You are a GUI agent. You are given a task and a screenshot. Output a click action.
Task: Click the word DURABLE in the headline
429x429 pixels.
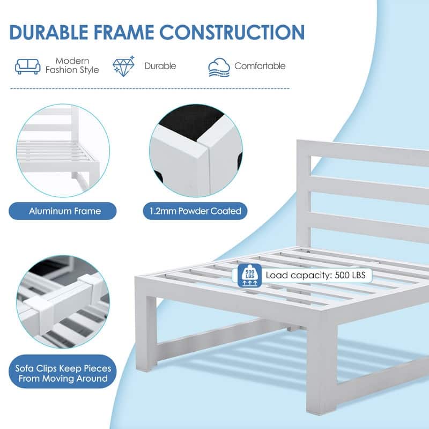(49, 32)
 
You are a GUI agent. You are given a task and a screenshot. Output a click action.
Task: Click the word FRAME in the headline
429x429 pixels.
(123, 32)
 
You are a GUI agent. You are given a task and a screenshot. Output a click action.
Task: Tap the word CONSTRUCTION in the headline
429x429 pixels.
(232, 32)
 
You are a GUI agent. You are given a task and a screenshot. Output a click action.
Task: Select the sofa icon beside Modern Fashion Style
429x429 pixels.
(28, 66)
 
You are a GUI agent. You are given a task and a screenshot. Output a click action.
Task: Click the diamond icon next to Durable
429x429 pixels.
(124, 66)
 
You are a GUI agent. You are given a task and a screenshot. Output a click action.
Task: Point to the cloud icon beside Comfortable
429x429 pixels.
(219, 68)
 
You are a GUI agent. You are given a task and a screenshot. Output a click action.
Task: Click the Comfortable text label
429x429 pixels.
(260, 66)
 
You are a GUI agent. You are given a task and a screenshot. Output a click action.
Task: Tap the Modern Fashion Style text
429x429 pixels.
(72, 65)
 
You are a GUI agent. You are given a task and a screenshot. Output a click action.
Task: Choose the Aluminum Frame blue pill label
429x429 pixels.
(63, 211)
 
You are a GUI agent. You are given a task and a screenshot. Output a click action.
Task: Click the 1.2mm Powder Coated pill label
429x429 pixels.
(195, 211)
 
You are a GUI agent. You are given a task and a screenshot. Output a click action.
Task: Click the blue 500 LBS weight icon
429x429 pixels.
(250, 276)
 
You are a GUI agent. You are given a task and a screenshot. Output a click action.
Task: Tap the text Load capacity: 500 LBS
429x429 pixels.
(315, 275)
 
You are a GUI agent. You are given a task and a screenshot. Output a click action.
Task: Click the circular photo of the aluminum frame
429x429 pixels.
(63, 151)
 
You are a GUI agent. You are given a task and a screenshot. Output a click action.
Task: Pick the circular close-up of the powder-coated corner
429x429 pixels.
(196, 151)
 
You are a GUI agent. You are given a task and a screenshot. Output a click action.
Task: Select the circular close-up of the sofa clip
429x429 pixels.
(63, 302)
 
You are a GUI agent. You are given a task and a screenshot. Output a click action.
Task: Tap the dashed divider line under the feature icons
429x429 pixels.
(150, 88)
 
